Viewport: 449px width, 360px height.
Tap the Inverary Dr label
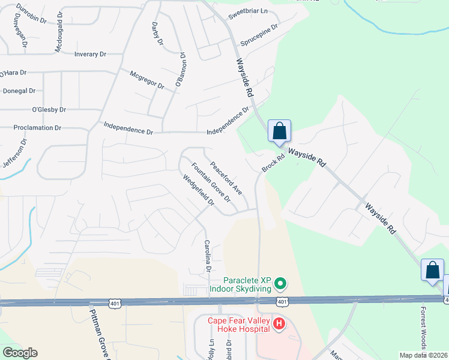pos(90,54)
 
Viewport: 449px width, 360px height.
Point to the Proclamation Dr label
pos(38,128)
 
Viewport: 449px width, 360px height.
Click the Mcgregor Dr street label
pos(147,80)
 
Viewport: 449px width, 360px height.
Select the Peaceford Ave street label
pos(226,178)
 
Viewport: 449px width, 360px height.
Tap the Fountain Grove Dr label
pos(211,182)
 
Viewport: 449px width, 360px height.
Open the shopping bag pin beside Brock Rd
pos(280,131)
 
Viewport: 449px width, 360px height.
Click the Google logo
pos(20,353)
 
